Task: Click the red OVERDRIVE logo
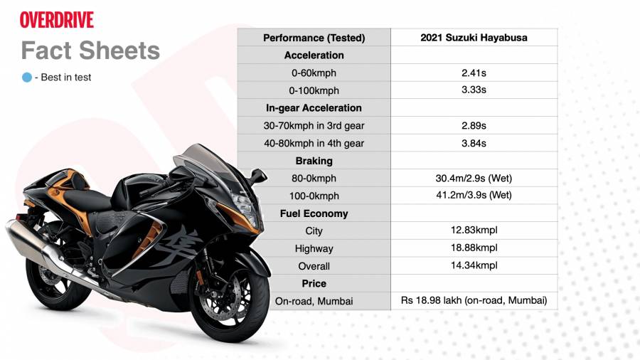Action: click(x=57, y=20)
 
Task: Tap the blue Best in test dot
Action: click(x=27, y=77)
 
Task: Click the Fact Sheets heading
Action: click(x=90, y=51)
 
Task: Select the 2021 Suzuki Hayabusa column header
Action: click(x=474, y=38)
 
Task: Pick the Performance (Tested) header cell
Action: click(x=314, y=38)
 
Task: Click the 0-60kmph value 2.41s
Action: click(x=474, y=73)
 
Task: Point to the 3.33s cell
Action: click(x=474, y=90)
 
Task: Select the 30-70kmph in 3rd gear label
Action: click(x=314, y=126)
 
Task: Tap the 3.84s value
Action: click(x=474, y=143)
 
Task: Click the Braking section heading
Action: click(x=314, y=161)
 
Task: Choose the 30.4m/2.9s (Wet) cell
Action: click(x=474, y=179)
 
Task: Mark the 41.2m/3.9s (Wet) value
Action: click(x=474, y=195)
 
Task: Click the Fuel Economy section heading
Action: click(x=314, y=213)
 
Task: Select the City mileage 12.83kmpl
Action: click(x=474, y=231)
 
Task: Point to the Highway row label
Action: click(x=314, y=248)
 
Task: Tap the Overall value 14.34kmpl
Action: click(x=474, y=265)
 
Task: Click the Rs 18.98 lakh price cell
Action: click(x=474, y=300)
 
